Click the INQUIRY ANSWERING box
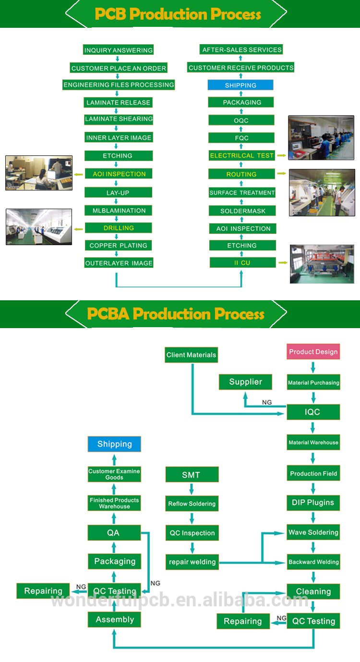(x=118, y=50)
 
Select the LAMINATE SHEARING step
(x=119, y=119)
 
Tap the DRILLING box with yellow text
(x=119, y=228)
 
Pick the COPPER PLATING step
(x=119, y=246)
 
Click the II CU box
(x=242, y=262)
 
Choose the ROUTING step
(x=241, y=174)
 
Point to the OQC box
(x=241, y=120)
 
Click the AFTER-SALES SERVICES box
(x=241, y=49)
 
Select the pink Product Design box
(x=313, y=352)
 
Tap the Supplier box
(x=245, y=382)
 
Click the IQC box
(x=313, y=412)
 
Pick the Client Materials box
(x=191, y=355)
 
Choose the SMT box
(x=192, y=475)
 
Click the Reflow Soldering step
(x=192, y=504)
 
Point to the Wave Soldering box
(x=313, y=532)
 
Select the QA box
(x=114, y=532)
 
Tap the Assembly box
(x=114, y=619)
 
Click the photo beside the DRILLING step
(x=39, y=227)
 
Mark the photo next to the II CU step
(x=322, y=264)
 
